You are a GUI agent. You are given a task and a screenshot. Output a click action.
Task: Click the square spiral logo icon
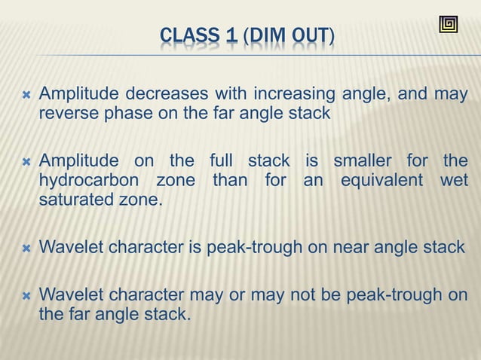pyautogui.click(x=448, y=24)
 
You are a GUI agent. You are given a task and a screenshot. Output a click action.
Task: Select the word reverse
pyautogui.click(x=68, y=114)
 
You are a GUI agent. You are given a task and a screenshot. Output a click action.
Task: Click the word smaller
pyautogui.click(x=367, y=161)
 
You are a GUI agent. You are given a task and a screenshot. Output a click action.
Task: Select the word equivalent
pyautogui.click(x=387, y=181)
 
